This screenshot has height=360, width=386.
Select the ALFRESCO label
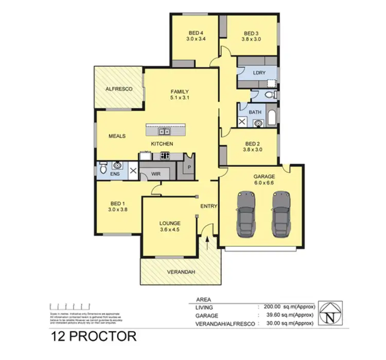coord(119,89)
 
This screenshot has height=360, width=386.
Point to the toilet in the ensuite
coord(103,168)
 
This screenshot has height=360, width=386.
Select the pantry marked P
coord(189,167)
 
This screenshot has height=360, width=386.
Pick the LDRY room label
coord(259,73)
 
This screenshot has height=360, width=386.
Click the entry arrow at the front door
coord(207,241)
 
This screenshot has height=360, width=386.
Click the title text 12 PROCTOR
coord(94,337)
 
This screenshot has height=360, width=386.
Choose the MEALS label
coord(117,136)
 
